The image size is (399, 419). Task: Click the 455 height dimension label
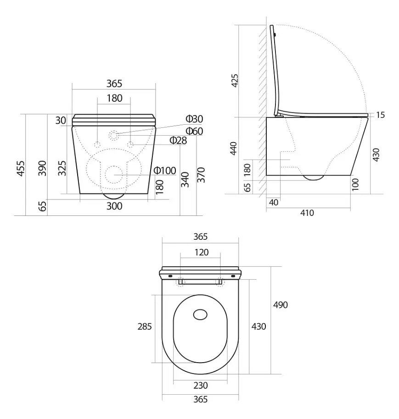coord(21,169)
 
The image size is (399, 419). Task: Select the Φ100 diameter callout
coord(165,171)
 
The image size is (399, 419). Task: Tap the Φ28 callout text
coord(178,140)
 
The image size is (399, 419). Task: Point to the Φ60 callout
coord(194,131)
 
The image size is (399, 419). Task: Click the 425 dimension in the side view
coord(235,80)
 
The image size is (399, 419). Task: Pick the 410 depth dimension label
coord(307,213)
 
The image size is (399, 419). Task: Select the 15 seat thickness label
coord(380,115)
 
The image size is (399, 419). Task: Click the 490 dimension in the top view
coord(280,305)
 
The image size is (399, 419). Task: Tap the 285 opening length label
coord(145,326)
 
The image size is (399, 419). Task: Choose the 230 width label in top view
coord(201,386)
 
